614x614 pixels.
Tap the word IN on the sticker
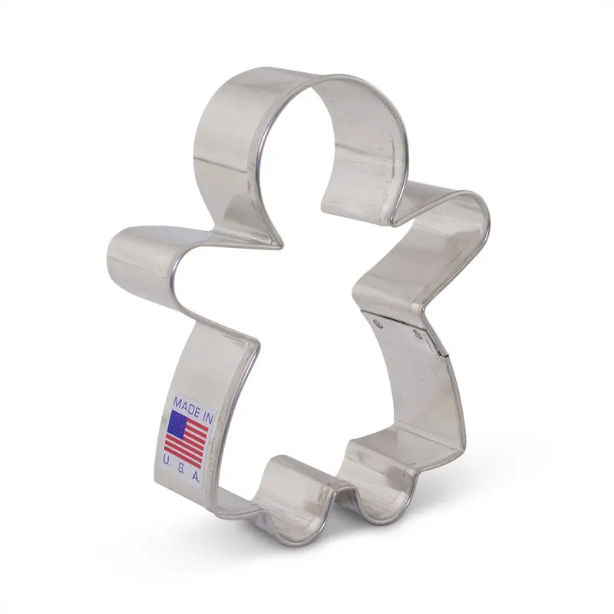click(x=206, y=415)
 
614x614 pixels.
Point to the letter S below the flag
click(x=183, y=467)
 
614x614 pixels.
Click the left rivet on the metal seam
click(x=378, y=324)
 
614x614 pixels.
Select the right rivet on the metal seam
click(x=418, y=334)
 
